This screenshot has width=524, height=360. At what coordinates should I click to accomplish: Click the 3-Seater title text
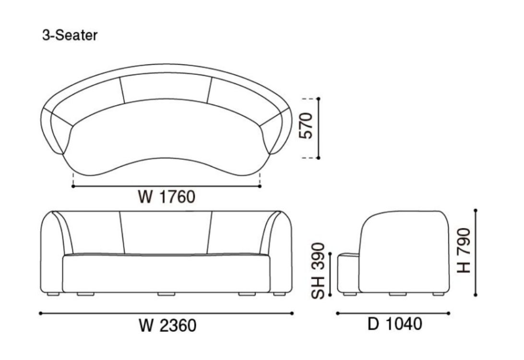pos(70,35)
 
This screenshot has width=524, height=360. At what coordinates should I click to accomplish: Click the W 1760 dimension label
pos(167,196)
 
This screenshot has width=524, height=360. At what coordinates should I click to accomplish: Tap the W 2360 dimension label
pos(167,325)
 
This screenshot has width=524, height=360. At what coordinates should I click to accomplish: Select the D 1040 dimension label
pos(394,324)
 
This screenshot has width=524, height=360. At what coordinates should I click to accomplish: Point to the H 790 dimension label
pos(464,251)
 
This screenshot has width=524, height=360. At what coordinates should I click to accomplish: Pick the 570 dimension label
pos(306,126)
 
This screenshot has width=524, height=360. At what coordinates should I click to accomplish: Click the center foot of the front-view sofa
pos(167,294)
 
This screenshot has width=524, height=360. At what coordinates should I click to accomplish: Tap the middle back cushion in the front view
pos(166,233)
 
